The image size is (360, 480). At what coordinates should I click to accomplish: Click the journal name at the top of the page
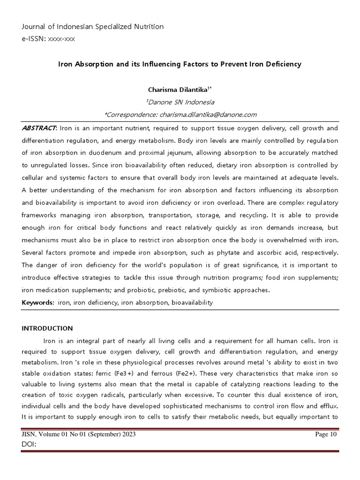pos(93,27)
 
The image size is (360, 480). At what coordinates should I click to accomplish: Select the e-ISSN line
pos(48,39)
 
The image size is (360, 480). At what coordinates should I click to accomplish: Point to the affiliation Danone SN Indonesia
pos(180,102)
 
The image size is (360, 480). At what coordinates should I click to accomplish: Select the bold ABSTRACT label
pos(39,128)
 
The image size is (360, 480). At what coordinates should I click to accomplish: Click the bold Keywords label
pos(38,302)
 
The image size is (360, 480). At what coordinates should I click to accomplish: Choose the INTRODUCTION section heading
pos(47,328)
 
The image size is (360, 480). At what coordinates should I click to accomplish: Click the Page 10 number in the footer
pos(326,435)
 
